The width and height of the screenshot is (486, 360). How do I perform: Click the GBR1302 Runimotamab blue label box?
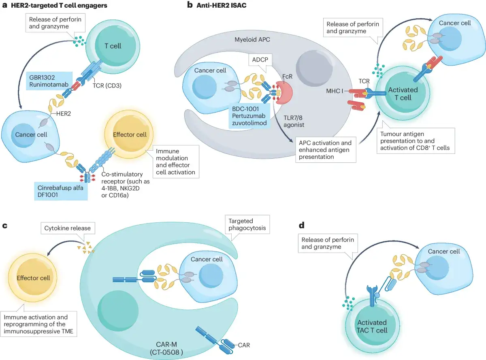coord(49,81)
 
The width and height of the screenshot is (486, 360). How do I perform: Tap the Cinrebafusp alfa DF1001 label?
coord(61,191)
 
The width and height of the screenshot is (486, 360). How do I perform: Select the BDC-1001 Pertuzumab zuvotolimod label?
coord(249,116)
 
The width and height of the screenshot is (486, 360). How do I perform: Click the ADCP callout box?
coord(260,60)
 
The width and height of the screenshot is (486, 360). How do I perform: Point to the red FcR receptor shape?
coord(285,92)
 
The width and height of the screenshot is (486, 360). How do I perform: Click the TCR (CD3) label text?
coord(107,85)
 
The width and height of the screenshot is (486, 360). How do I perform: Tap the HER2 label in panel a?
coord(63,113)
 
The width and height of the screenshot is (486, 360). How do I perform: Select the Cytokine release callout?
coord(68,228)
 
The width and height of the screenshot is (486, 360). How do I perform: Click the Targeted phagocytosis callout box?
coord(247,224)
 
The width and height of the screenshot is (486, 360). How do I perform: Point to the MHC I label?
coord(335,91)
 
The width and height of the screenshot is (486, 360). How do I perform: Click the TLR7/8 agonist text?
coord(294,121)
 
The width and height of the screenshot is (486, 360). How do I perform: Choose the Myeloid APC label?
coord(252,39)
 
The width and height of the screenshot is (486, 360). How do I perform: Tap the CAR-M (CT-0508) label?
coord(166,348)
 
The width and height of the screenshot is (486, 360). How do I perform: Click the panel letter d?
coord(301,225)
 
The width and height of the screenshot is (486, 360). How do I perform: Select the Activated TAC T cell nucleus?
coord(372,326)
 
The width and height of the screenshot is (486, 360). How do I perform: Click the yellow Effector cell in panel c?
coord(33,278)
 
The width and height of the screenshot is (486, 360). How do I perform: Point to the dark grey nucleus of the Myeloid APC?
coord(314,68)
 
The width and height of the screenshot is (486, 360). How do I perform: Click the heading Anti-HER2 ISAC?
coord(222,6)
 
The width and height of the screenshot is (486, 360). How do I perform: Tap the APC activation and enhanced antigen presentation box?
coord(326,150)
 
